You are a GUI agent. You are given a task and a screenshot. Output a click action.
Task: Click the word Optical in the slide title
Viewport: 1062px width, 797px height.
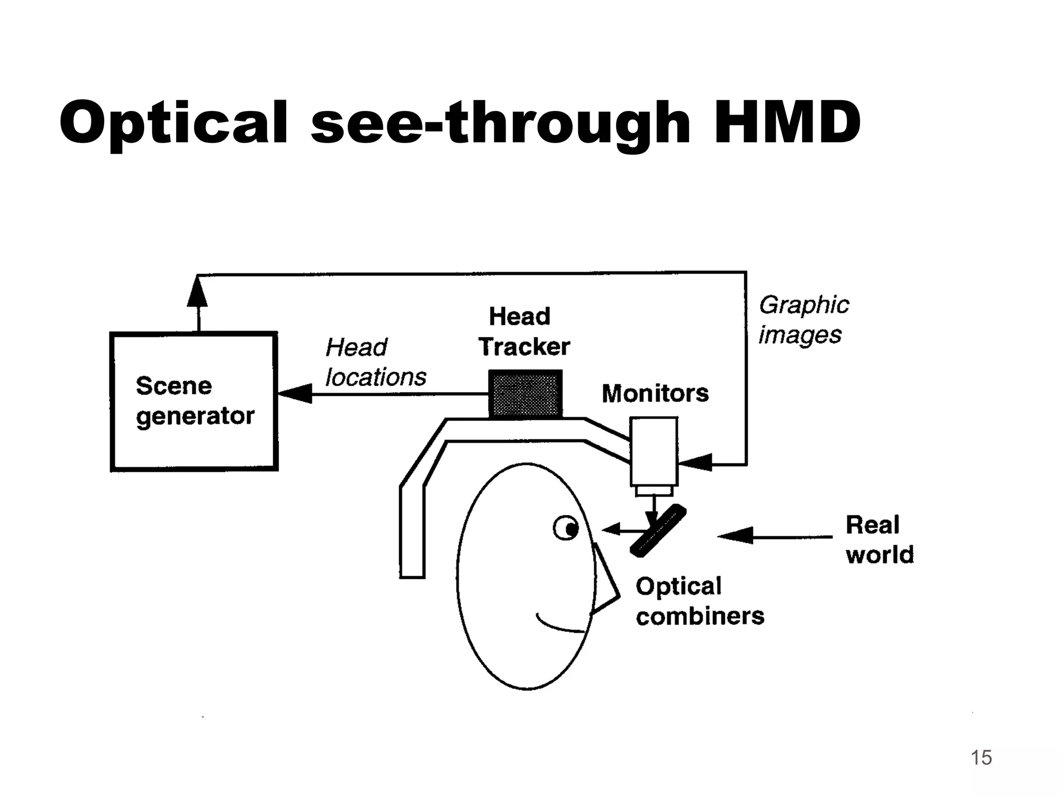coord(173,123)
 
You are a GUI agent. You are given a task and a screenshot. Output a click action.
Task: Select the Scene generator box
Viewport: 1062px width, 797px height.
coord(194,402)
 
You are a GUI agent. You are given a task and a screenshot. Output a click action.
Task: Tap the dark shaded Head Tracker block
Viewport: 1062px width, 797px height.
coord(525,394)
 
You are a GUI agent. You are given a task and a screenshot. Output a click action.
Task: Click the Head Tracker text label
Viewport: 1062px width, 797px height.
coord(523,332)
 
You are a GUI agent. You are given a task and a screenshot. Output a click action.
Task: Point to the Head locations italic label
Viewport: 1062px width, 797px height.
coord(375,362)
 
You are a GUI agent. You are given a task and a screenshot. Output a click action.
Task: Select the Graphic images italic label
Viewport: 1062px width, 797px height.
coord(803,320)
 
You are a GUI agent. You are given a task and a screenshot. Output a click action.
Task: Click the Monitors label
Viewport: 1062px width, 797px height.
coord(655,393)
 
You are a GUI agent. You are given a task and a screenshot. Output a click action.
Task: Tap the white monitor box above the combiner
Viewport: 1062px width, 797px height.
coord(653,450)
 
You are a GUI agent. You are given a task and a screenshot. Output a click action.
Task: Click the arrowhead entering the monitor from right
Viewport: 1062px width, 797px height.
coord(695,462)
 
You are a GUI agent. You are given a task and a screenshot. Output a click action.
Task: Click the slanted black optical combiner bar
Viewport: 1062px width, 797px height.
coord(658,530)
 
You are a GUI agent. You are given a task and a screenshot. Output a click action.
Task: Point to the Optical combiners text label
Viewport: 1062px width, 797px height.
coord(699,601)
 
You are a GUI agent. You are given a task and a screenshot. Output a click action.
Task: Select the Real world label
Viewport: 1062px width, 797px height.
coord(879,539)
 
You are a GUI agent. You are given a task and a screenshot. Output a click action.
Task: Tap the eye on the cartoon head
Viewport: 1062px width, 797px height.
coord(566,529)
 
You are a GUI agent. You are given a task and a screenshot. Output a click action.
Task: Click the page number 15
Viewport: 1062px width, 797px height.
coord(981,758)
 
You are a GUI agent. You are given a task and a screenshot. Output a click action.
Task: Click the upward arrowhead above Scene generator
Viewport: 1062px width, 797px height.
coord(197,293)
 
